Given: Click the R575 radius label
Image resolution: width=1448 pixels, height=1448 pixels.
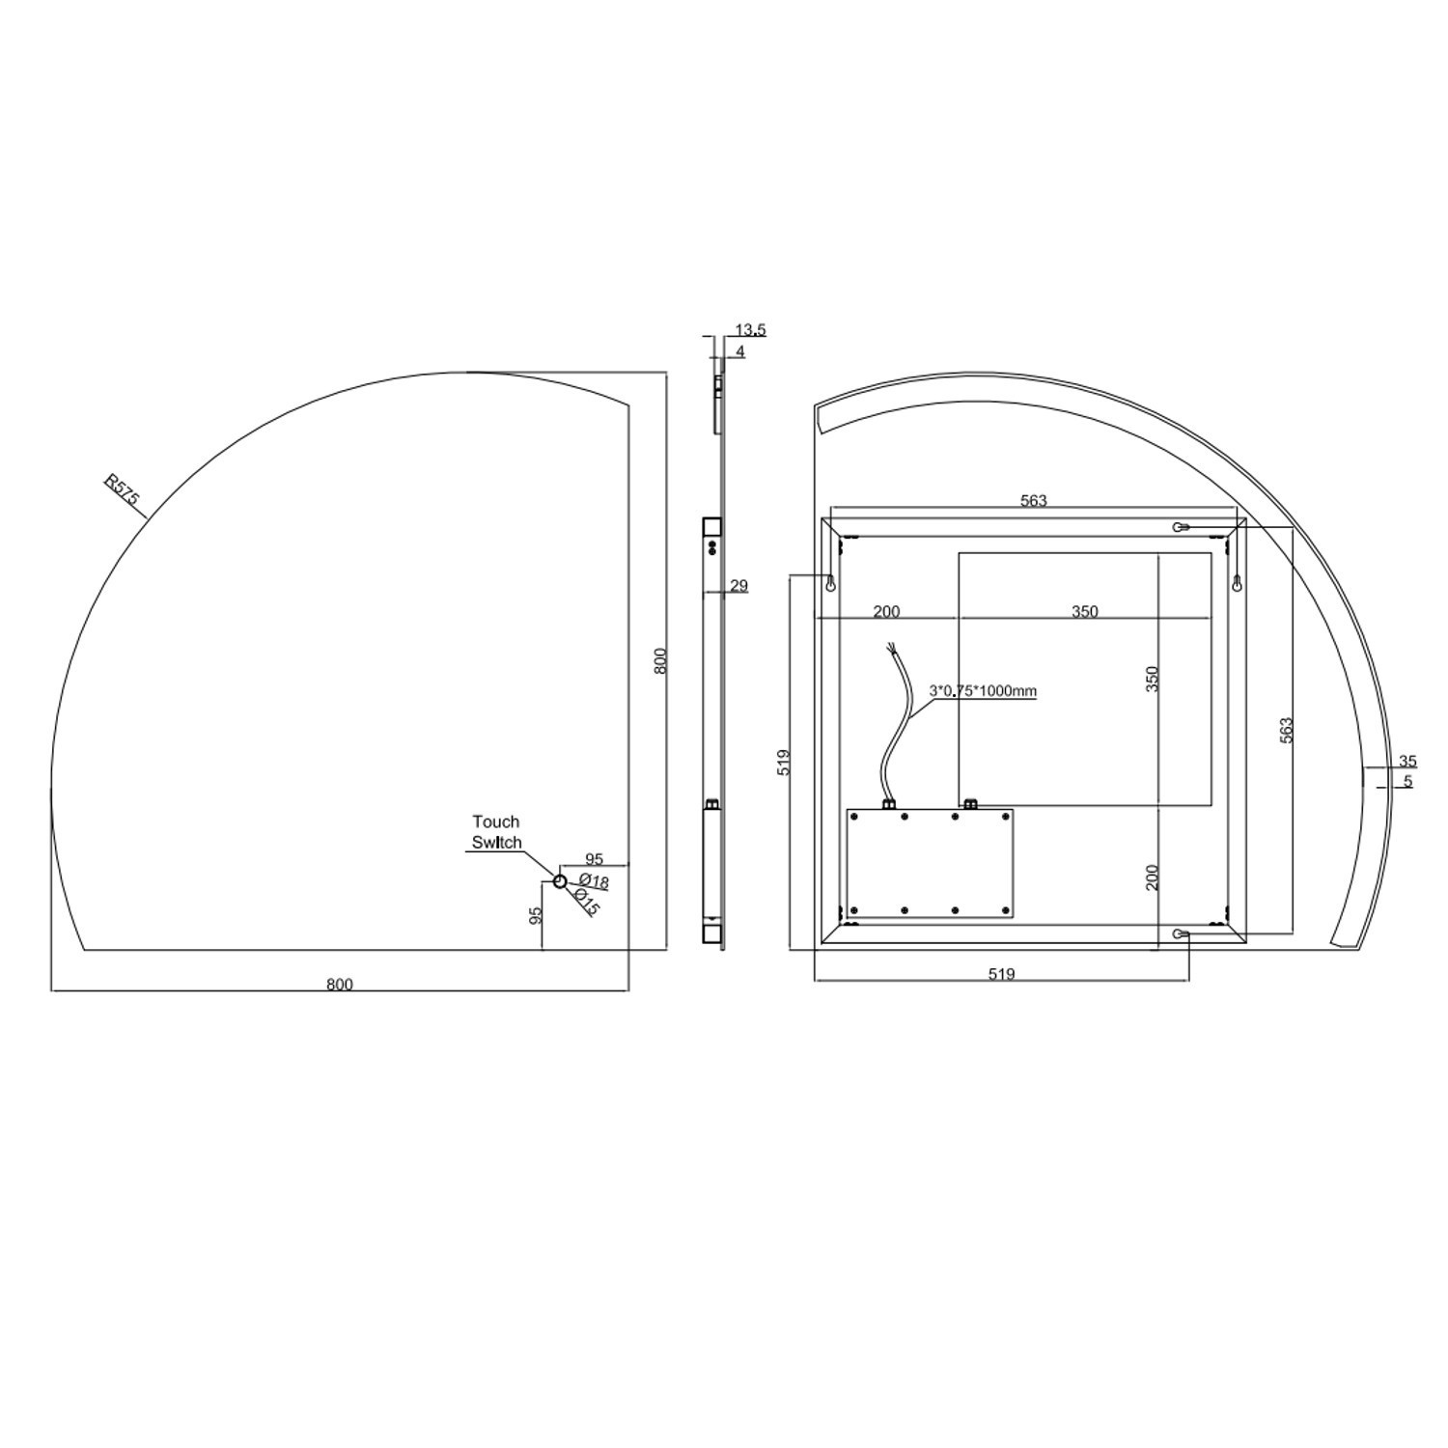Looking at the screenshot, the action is tap(124, 491).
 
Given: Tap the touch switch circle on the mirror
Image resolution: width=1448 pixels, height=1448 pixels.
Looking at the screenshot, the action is tap(560, 880).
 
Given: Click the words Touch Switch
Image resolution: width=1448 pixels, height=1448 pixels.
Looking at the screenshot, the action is tap(496, 832).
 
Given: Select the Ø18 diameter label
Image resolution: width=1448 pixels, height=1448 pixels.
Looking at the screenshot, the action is tap(594, 881).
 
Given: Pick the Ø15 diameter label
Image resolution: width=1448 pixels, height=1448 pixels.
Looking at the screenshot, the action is tap(587, 903).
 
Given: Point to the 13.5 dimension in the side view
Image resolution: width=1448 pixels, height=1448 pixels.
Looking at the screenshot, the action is tap(750, 330).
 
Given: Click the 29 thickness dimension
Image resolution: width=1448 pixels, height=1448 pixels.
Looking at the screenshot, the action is tap(738, 585).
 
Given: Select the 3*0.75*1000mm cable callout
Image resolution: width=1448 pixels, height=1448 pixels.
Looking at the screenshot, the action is tap(983, 690).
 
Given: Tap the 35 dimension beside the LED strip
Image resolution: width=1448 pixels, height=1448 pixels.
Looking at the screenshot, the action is tap(1406, 761).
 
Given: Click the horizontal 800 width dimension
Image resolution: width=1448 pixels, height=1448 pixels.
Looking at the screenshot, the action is tap(340, 985).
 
